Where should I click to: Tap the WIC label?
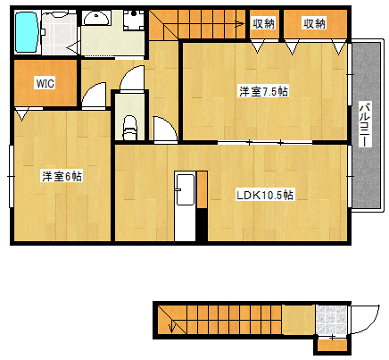pos(45,83)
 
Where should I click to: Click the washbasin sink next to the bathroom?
pos(95,19)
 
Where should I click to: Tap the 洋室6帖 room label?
pos(62,176)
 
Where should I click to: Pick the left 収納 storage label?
pos(262,23)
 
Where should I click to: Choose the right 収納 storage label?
pos(313,23)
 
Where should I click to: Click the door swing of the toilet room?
pos(161,132)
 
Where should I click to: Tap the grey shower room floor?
pos(60,34)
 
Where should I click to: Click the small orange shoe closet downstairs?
pos(333,344)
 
